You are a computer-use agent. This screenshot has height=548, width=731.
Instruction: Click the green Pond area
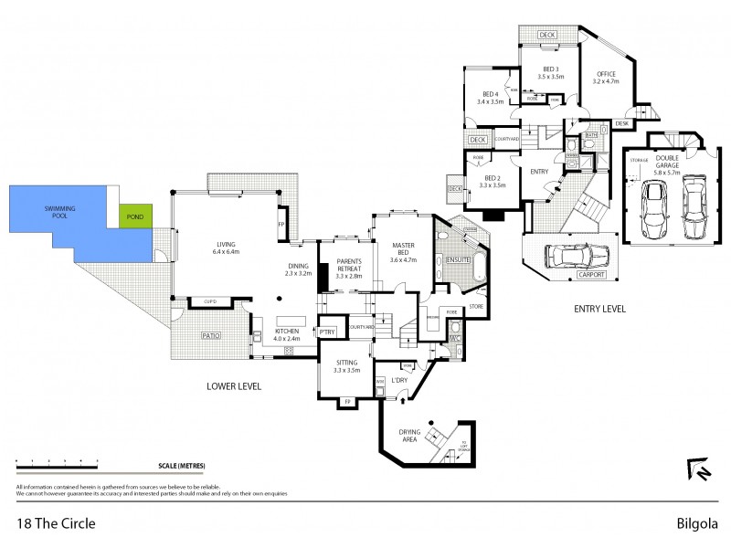136,216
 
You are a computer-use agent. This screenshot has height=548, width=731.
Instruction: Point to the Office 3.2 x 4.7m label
606,77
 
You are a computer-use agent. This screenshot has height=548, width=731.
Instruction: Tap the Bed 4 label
491,98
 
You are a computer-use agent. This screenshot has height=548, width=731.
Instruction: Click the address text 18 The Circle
56,524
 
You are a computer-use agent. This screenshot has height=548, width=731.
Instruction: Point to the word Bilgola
695,524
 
